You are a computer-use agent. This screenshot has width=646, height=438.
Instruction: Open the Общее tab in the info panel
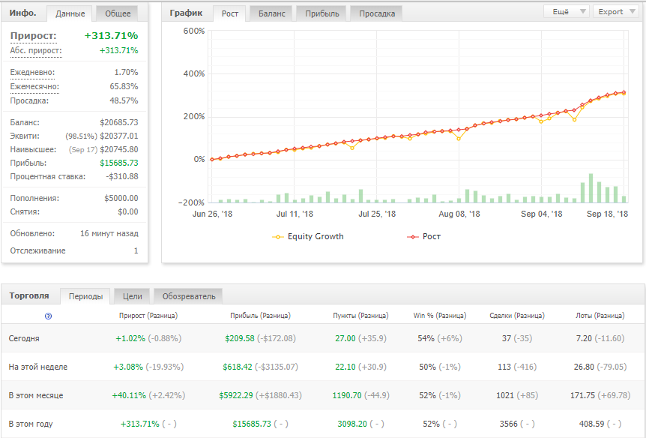pyautogui.click(x=118, y=13)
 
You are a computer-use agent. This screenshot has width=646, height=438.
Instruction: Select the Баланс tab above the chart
pyautogui.click(x=271, y=13)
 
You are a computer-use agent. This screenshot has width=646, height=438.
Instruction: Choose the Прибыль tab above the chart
pyautogui.click(x=322, y=13)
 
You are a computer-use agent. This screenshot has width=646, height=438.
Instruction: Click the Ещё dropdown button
pyautogui.click(x=566, y=12)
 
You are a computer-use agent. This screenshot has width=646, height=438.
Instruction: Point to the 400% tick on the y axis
pyautogui.click(x=194, y=73)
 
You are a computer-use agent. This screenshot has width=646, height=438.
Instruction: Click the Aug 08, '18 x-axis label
pyautogui.click(x=459, y=214)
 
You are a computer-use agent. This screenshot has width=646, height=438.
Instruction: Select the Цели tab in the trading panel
pyautogui.click(x=132, y=296)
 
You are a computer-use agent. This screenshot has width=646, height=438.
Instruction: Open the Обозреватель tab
pyautogui.click(x=189, y=296)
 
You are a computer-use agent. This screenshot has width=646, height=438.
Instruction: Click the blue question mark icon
pyautogui.click(x=49, y=316)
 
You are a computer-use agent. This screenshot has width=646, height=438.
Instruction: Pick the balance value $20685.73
pyautogui.click(x=118, y=122)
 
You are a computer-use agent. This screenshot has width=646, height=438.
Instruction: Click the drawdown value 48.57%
pyautogui.click(x=124, y=100)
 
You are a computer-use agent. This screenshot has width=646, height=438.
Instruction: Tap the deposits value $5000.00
pyautogui.click(x=121, y=198)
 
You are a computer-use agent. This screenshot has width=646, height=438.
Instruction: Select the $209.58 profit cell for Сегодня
pyautogui.click(x=240, y=338)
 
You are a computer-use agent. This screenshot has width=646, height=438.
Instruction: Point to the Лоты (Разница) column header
pyautogui.click(x=600, y=316)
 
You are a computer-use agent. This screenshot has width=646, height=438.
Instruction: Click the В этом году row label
pyautogui.click(x=31, y=424)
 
